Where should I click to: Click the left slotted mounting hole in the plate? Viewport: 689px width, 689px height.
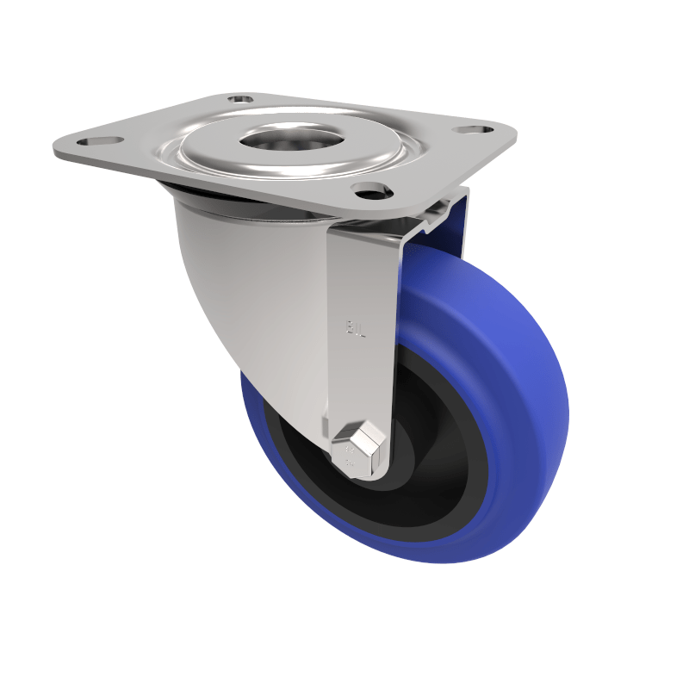[90, 139]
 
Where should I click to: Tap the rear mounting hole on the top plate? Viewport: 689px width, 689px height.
[241, 99]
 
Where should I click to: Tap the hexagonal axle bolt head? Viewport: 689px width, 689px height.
[356, 450]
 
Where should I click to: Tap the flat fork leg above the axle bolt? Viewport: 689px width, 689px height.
[362, 362]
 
